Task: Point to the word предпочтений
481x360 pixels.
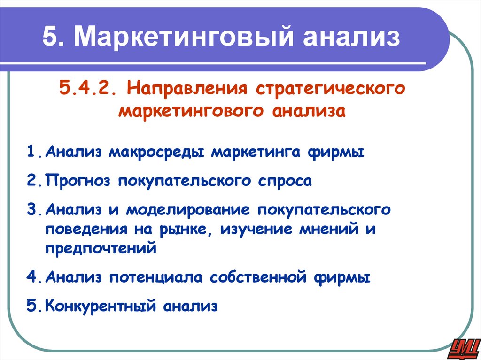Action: (x=101, y=248)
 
